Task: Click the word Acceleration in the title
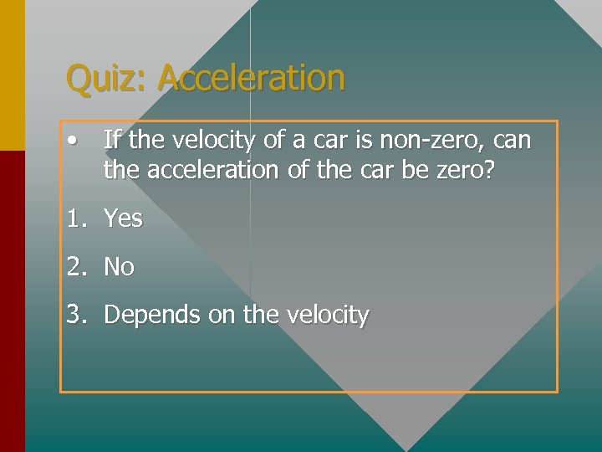[x=251, y=78]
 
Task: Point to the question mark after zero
[x=489, y=170]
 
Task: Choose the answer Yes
[x=123, y=219]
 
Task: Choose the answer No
[x=119, y=267]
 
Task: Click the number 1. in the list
[x=78, y=219]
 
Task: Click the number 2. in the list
[x=78, y=267]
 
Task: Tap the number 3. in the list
[x=78, y=315]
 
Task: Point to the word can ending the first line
[x=508, y=140]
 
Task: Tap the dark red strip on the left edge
[x=13, y=301]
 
